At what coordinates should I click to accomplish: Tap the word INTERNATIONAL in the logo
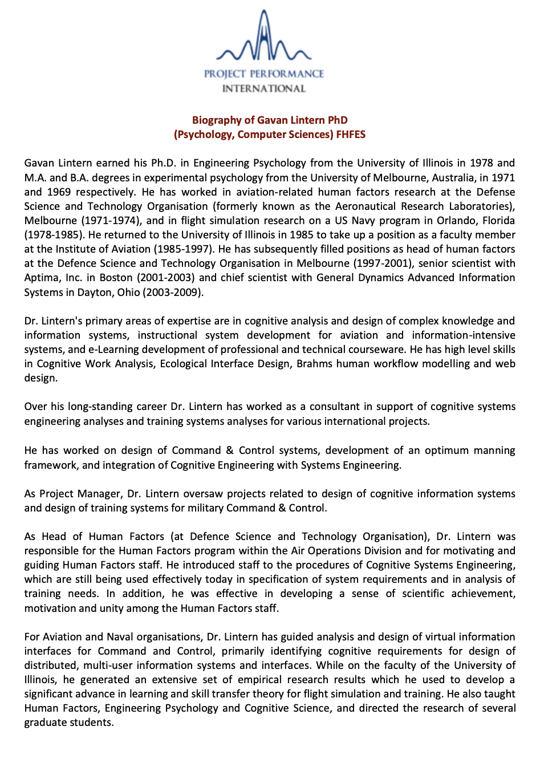coord(263,88)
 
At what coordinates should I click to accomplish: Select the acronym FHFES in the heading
coord(351,135)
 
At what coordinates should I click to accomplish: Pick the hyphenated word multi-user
coord(108,665)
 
